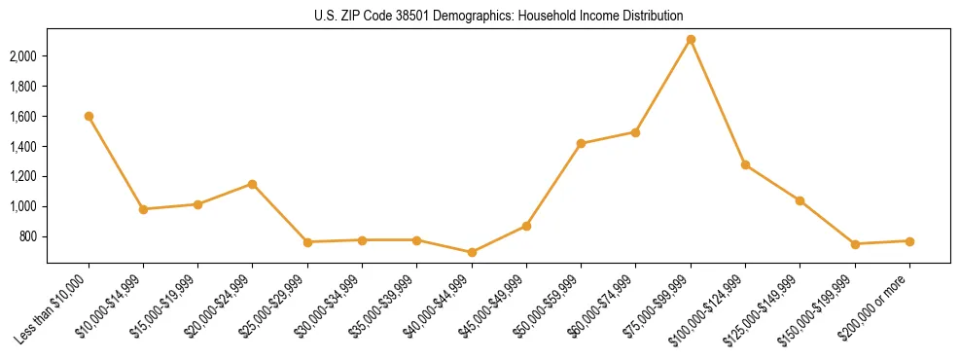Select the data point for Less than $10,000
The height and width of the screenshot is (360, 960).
(89, 116)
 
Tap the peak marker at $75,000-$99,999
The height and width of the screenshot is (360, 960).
(691, 40)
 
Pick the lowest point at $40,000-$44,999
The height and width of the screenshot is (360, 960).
(472, 252)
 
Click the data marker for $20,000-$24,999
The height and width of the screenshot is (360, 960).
(253, 184)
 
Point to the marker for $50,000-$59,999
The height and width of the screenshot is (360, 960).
(581, 143)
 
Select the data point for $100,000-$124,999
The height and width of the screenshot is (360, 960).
(745, 164)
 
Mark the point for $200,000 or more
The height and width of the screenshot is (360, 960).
(909, 241)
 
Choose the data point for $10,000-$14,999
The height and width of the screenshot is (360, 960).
(143, 209)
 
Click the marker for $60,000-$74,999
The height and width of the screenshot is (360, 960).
(635, 132)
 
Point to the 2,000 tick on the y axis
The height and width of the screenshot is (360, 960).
(22, 56)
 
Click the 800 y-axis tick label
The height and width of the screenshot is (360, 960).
(27, 236)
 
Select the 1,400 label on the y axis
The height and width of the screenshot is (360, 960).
(22, 147)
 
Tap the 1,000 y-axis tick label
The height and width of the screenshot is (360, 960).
(22, 206)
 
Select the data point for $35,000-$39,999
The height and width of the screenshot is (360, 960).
(416, 239)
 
